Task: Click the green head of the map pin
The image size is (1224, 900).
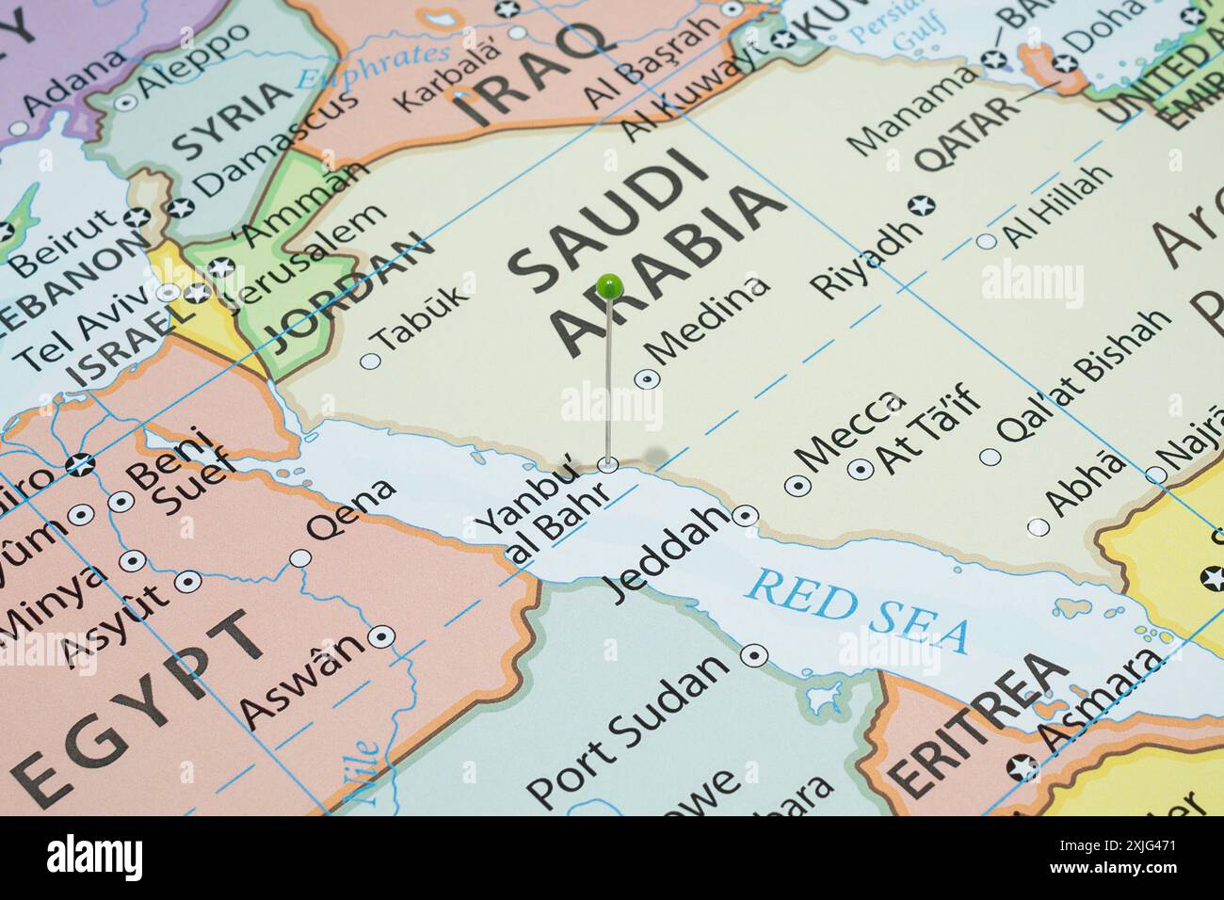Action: [x=609, y=283]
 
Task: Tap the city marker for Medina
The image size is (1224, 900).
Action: [x=647, y=379]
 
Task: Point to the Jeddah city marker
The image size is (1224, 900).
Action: [x=746, y=515]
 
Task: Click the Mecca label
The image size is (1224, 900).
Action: [x=850, y=431]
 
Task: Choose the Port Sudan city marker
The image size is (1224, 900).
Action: [x=754, y=654]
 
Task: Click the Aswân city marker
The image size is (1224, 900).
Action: [x=380, y=636]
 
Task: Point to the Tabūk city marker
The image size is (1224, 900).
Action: [x=371, y=360]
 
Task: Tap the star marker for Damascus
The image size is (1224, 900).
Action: [x=179, y=208]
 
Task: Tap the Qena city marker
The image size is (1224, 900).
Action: [x=300, y=558]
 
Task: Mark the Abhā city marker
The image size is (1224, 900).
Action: [x=1038, y=527]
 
